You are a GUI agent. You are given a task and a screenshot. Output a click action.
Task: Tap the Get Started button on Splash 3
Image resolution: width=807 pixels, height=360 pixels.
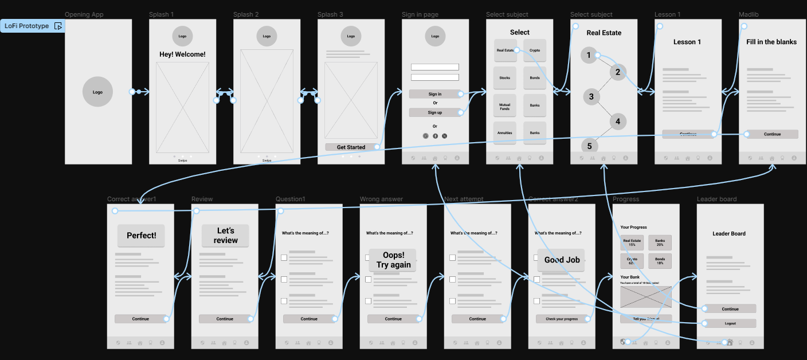click(351, 147)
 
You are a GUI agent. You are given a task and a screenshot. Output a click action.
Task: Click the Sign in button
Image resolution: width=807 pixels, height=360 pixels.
click(435, 94)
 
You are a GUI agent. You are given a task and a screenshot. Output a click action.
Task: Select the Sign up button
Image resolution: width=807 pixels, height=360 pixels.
click(435, 112)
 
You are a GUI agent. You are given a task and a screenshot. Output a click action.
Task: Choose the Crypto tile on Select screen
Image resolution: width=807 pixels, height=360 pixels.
click(535, 50)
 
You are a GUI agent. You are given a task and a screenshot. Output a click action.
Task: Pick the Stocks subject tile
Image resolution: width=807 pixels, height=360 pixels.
click(504, 78)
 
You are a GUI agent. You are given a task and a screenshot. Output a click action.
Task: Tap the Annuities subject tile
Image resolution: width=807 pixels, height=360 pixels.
click(504, 133)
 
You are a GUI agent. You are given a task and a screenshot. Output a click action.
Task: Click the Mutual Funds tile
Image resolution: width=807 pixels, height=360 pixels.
click(504, 105)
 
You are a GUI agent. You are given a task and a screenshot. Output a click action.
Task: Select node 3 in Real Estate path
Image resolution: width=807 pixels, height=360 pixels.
click(591, 96)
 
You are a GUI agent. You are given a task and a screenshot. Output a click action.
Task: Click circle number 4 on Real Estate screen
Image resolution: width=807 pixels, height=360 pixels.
click(618, 122)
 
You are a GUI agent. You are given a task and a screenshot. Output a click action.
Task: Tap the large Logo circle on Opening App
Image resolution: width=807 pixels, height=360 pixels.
click(98, 92)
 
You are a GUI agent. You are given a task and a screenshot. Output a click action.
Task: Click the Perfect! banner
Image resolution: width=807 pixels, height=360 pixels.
click(141, 236)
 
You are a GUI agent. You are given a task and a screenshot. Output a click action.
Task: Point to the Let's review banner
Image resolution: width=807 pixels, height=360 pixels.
click(225, 236)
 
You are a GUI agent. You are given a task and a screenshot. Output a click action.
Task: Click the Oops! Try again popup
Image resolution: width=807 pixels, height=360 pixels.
click(393, 260)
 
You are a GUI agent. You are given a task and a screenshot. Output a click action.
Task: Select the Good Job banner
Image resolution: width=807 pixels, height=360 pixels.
click(562, 260)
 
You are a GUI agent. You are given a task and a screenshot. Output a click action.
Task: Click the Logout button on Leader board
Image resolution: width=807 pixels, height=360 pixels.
click(730, 323)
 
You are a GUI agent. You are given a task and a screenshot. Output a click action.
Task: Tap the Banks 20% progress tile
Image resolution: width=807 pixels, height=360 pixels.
click(660, 242)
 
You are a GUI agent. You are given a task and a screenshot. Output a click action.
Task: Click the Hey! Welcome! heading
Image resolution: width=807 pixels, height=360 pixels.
click(182, 54)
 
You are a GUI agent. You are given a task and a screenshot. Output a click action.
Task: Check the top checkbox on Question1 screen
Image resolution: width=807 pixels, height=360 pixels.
click(284, 258)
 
